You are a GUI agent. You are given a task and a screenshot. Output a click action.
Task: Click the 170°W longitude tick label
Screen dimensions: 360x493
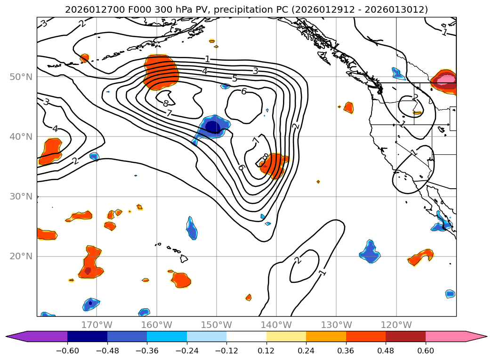(x=97, y=325)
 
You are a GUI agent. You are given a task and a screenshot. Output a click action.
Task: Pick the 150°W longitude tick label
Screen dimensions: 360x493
(x=217, y=325)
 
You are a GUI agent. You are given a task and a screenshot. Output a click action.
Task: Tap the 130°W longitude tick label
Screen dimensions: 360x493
(x=336, y=325)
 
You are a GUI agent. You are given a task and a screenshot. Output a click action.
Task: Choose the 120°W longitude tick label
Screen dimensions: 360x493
(x=396, y=325)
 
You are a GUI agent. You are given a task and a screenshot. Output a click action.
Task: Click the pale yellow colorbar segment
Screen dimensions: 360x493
(x=286, y=336)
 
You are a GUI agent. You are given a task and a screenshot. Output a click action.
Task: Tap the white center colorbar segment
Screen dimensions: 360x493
(x=246, y=336)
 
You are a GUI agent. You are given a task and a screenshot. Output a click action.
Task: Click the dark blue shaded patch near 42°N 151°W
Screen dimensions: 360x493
(x=212, y=127)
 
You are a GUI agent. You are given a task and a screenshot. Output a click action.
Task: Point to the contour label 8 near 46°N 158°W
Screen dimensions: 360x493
(x=166, y=103)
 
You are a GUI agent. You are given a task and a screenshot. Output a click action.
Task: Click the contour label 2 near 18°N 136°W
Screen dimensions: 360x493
(x=298, y=260)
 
